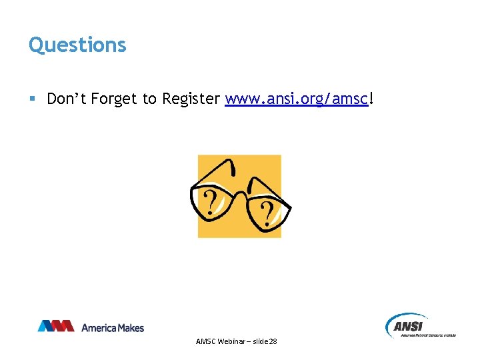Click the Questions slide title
77,45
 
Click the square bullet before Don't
32,99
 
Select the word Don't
67,99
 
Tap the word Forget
113,99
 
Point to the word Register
189,99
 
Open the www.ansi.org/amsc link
296,99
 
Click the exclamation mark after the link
371,99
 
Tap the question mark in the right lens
266,213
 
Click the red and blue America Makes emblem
55,326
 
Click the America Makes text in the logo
112,327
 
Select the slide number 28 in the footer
272,341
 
